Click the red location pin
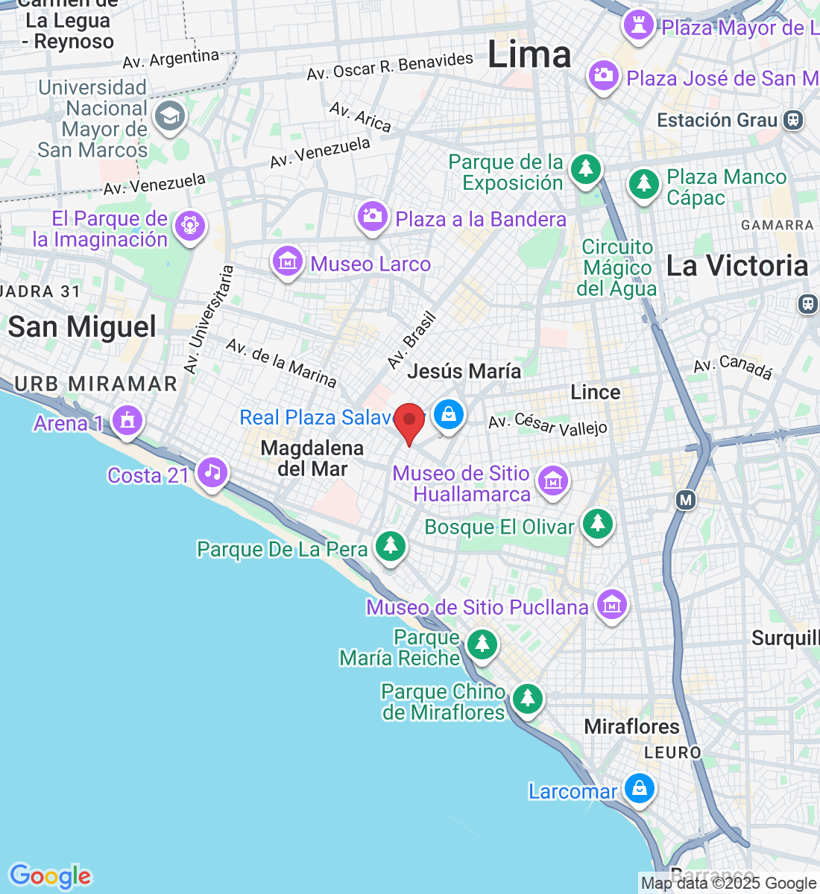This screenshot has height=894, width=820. click(409, 422)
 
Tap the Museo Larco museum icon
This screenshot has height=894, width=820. click(287, 261)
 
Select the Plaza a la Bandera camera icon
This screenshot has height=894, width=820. click(371, 217)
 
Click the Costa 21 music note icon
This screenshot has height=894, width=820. click(213, 472)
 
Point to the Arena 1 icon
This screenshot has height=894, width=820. click(127, 420)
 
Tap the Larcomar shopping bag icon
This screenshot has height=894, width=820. click(639, 788)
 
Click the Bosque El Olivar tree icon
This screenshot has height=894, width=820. click(597, 524)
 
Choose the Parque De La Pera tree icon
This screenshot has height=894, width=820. click(390, 547)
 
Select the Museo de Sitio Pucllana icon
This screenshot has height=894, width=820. click(611, 604)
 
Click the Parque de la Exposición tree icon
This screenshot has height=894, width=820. click(586, 168)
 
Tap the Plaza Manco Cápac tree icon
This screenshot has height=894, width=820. click(643, 183)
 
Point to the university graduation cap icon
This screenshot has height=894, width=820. click(170, 116)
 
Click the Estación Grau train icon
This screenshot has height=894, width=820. click(794, 120)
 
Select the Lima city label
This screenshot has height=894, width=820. click(529, 55)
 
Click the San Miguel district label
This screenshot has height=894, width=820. click(82, 327)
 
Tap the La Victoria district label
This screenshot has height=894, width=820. click(737, 266)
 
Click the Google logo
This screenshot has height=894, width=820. click(50, 876)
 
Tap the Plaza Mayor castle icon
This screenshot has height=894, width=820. click(638, 24)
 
